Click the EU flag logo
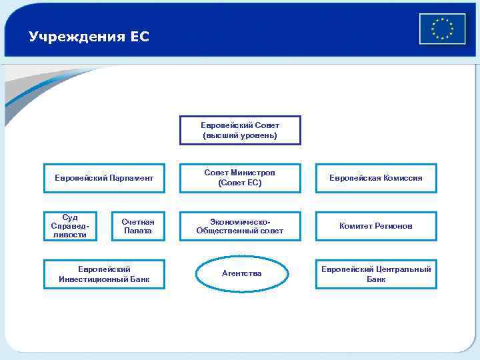(442, 29)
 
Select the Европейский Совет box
(240, 130)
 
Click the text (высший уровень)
(240, 135)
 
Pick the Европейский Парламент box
(104, 178)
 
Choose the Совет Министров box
(240, 178)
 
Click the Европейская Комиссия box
(376, 178)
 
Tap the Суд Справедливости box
(70, 226)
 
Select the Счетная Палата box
(138, 226)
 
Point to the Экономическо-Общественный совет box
(240, 226)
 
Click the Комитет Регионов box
(376, 226)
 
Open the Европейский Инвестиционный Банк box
(104, 274)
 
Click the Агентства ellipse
(242, 273)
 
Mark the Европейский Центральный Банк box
(376, 274)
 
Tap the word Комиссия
(402, 178)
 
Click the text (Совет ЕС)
(240, 183)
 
